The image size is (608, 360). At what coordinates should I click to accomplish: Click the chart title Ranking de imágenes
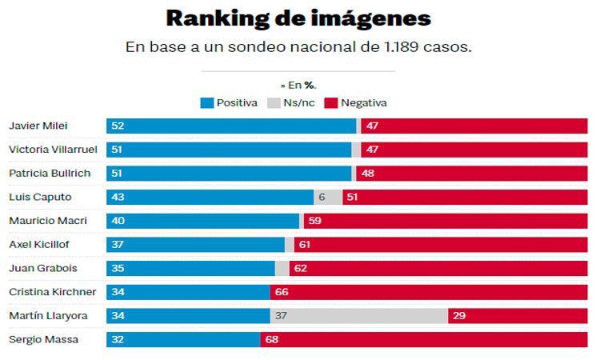pyautogui.click(x=298, y=19)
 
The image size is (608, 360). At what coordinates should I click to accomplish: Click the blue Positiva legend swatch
pyautogui.click(x=206, y=102)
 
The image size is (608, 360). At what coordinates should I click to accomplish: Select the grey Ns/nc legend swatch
pyautogui.click(x=273, y=102)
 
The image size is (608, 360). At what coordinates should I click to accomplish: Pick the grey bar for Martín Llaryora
pyautogui.click(x=358, y=316)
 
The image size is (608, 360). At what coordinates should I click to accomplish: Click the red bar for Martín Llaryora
pyautogui.click(x=518, y=316)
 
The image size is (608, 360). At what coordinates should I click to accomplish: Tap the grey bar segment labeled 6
pyautogui.click(x=328, y=198)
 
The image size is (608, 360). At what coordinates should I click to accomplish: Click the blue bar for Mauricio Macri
pyautogui.click(x=202, y=221)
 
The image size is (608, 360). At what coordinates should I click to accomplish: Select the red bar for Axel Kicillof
pyautogui.click(x=441, y=245)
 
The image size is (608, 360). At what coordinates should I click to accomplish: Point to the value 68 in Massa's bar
pyautogui.click(x=272, y=340)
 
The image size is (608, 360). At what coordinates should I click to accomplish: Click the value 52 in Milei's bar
pyautogui.click(x=118, y=126)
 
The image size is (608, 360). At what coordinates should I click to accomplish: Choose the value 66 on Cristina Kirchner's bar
pyautogui.click(x=282, y=292)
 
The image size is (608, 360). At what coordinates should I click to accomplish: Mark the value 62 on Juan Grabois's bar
pyautogui.click(x=301, y=269)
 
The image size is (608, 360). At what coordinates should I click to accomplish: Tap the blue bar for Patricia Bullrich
pyautogui.click(x=229, y=174)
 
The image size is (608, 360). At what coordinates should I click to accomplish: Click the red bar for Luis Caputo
pyautogui.click(x=465, y=198)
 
